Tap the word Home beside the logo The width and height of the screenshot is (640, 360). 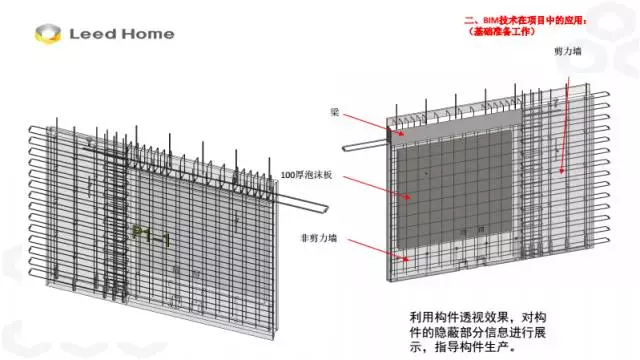[146, 34]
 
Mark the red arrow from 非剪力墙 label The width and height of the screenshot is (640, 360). [370, 248]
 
